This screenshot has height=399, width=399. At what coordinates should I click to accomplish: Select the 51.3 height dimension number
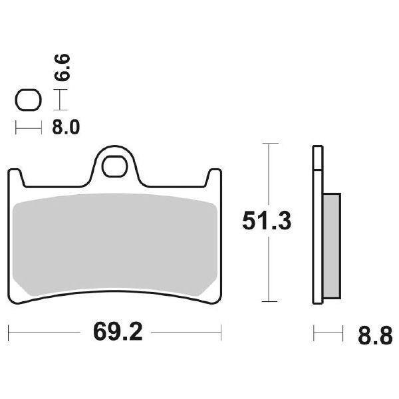click(266, 221)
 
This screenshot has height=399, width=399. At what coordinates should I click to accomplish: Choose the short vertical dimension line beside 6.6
click(61, 100)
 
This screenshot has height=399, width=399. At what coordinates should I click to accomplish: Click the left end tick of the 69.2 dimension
click(8, 331)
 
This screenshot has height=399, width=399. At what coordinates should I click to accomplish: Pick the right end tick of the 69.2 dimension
click(221, 331)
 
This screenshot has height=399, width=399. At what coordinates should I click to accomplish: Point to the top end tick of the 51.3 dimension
click(269, 143)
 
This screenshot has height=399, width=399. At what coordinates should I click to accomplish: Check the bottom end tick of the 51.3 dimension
click(269, 301)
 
